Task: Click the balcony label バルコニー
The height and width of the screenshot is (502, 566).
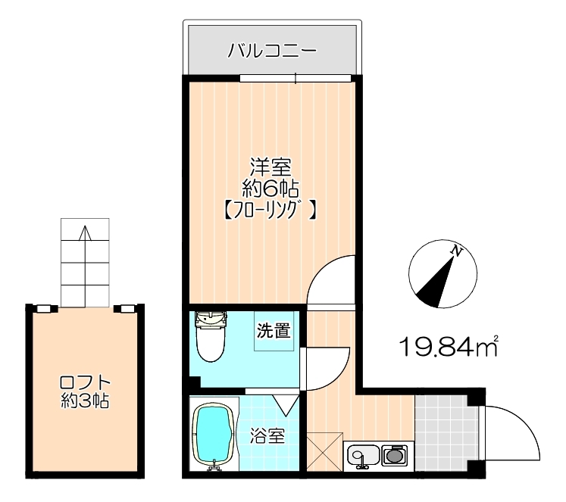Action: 272,51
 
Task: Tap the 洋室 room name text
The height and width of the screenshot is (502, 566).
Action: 271,167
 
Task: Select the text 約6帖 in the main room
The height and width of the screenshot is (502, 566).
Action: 270,189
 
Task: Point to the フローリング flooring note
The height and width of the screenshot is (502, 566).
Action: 270,210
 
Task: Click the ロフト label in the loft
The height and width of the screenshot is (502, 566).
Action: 85,382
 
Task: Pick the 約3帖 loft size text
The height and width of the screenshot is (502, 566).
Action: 85,400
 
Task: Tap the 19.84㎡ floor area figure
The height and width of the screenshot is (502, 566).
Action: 449,346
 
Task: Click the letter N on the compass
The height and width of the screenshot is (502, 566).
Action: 457,251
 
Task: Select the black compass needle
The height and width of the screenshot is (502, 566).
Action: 436,282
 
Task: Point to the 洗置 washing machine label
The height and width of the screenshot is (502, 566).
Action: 274,330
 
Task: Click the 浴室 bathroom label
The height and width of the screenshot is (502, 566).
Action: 267,436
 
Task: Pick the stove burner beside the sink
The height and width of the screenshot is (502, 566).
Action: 395,455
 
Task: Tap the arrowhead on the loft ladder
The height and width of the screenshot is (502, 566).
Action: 85,232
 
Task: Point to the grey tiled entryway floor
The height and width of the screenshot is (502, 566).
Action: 446,433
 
